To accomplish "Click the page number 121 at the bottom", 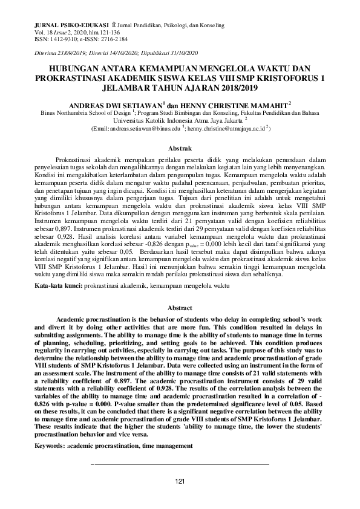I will [179, 481].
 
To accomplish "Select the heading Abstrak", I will [179, 148].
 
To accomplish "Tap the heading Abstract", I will [179, 308].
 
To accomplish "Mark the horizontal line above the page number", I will [179, 464].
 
